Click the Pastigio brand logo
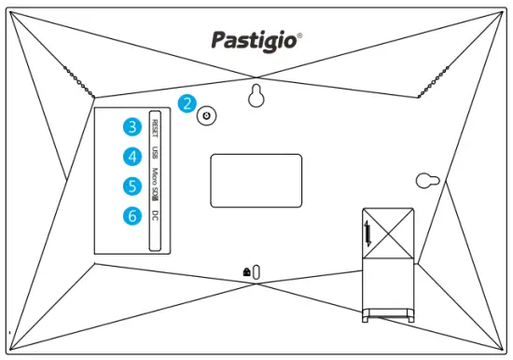point(254,39)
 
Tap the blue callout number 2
point(188,104)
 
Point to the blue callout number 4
point(135,157)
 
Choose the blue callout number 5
point(135,187)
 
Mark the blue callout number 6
point(135,216)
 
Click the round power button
point(207,116)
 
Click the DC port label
point(155,215)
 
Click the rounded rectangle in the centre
point(256,180)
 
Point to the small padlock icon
point(245,270)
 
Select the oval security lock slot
point(256,270)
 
